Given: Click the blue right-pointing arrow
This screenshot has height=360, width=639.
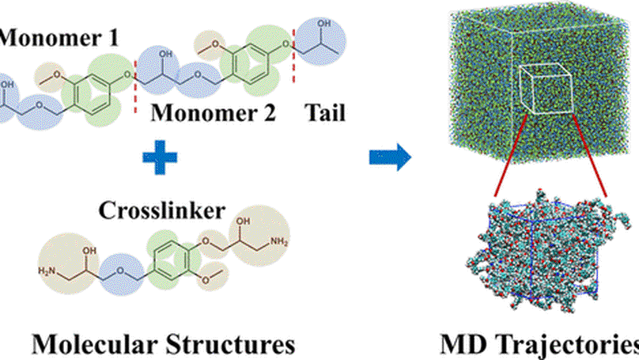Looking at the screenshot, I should (391, 157).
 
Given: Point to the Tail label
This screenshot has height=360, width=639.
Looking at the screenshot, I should (324, 114).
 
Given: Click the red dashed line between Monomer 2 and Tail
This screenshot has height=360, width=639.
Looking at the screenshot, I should (293, 47).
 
